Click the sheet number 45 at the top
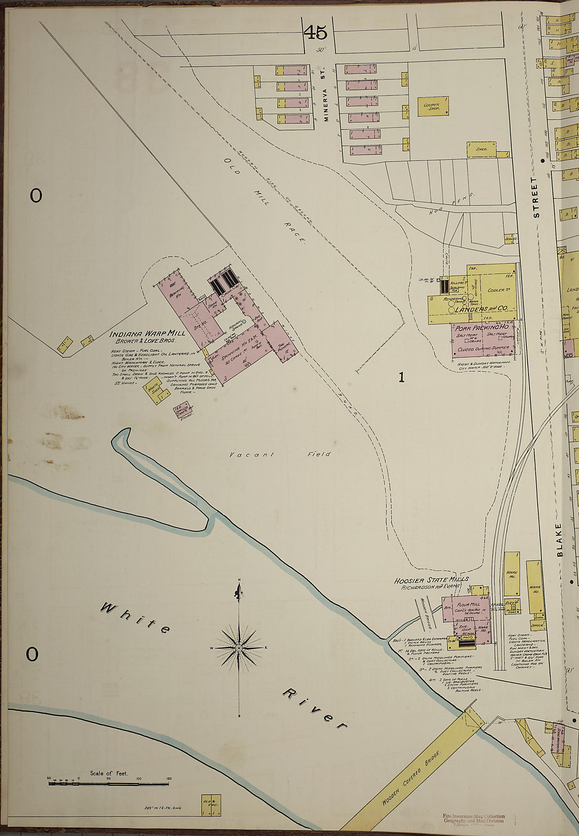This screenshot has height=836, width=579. pos(315,33)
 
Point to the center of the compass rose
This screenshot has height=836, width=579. pos(239,648)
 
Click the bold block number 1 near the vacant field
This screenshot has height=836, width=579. pos(401,378)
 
